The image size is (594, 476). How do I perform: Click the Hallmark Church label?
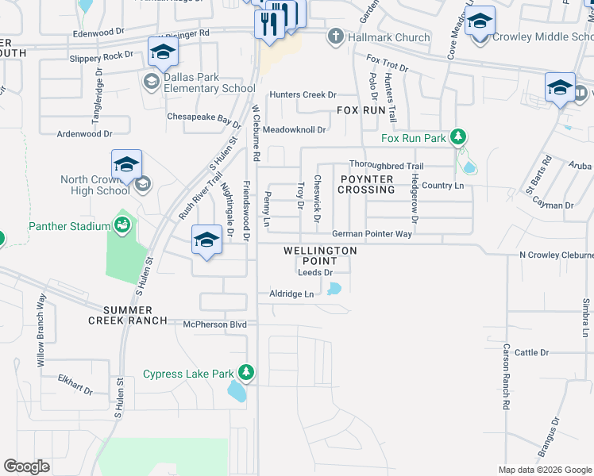(x=389, y=37)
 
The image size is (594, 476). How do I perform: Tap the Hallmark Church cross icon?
(x=336, y=36)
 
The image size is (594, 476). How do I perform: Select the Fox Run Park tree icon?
(x=457, y=137)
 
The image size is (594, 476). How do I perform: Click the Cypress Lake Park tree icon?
(x=246, y=372)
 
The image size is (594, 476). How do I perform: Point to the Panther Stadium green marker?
(x=122, y=226)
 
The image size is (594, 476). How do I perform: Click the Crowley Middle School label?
(x=540, y=37)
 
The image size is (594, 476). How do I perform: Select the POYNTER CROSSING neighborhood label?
(x=366, y=185)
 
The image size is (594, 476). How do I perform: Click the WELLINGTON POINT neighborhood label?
(x=320, y=255)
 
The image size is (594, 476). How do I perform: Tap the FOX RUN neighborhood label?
(x=361, y=111)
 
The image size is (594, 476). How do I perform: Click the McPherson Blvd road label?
(x=214, y=324)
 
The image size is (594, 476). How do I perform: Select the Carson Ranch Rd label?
(x=505, y=377)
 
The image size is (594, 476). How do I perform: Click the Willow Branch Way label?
(x=41, y=329)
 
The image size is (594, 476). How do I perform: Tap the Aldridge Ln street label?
(x=291, y=294)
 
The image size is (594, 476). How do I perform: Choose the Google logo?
(x=26, y=466)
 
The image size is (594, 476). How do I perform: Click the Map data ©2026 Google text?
(x=544, y=470)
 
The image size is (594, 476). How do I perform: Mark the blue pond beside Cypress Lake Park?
(x=237, y=390)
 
